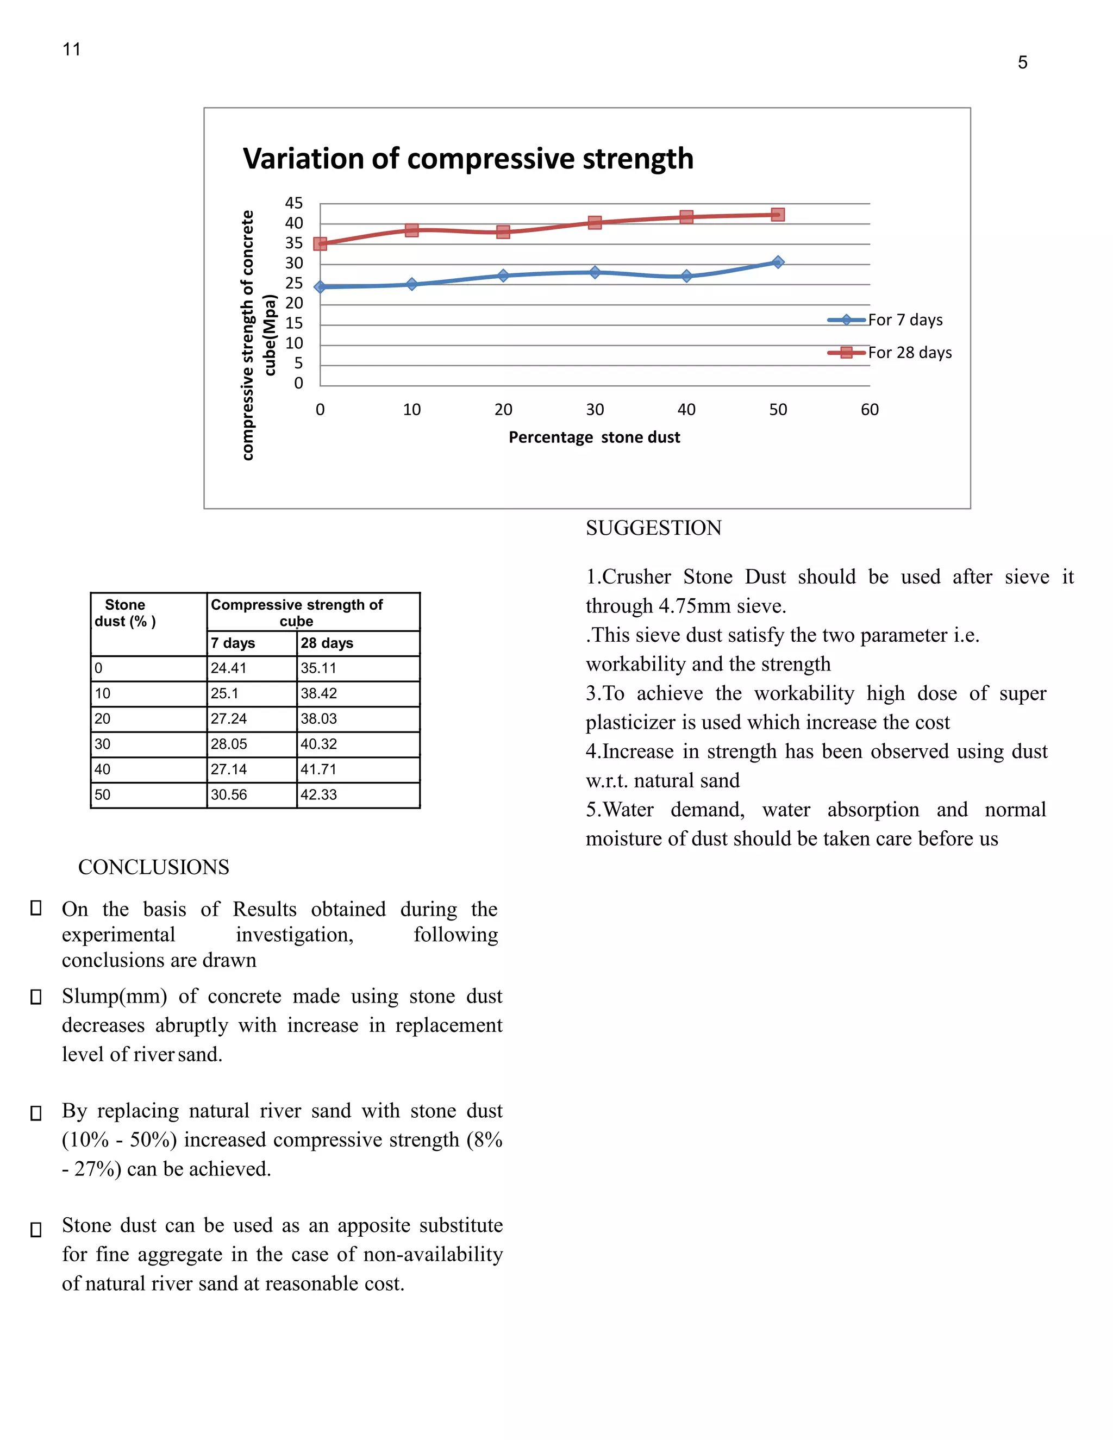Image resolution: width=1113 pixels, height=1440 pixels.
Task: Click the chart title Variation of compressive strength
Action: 467,159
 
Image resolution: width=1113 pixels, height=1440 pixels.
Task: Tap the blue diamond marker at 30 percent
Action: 595,272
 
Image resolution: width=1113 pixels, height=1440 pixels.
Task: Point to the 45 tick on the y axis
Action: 294,203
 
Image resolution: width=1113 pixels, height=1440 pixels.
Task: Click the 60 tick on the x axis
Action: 869,410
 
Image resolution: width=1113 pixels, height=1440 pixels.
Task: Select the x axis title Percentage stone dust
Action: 594,437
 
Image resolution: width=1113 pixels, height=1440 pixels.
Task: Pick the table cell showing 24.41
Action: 228,668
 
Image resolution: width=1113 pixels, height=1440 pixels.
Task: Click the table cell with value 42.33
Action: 318,794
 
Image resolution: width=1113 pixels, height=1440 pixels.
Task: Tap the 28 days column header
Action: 327,643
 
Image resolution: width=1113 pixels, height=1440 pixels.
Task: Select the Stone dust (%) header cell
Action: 126,613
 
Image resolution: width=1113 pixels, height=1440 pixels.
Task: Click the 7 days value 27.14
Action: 228,769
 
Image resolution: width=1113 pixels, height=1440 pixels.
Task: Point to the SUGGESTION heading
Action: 653,528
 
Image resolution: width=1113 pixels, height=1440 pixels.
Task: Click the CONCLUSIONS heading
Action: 154,867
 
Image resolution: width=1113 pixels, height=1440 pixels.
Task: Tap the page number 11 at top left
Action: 71,49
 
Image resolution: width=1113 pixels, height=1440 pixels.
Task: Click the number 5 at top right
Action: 1022,62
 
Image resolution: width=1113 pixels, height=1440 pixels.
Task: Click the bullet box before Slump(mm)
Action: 36,997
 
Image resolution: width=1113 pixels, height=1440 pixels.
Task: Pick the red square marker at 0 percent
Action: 320,244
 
